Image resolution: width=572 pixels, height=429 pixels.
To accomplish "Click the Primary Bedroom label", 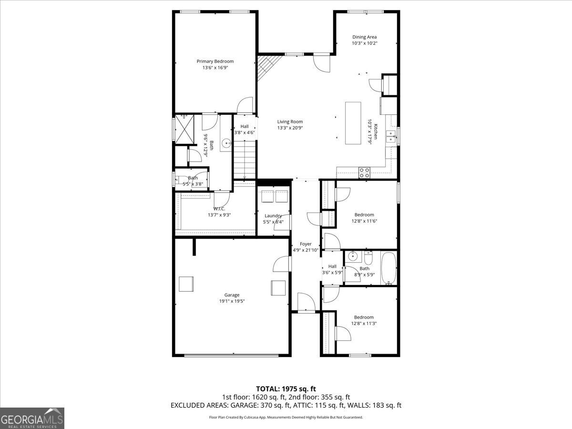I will pos(215,61).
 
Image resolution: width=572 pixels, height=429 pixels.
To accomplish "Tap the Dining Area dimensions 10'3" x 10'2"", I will pos(365,43).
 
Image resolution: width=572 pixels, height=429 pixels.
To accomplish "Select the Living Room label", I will pos(290,122).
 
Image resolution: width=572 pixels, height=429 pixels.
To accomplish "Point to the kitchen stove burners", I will pos(365,172).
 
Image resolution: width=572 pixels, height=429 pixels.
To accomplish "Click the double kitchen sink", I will pos(391,136).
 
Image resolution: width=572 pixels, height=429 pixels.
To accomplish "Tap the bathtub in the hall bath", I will pos(389,268).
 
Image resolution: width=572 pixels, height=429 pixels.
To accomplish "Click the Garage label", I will pos(232,295).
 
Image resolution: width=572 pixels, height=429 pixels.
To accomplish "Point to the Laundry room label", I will pos(273,215).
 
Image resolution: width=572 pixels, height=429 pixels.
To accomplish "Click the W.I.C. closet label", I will pos(219,208).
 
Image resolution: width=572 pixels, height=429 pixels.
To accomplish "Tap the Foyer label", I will pos(306,244).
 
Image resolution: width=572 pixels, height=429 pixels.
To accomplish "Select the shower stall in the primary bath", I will pos(185,129).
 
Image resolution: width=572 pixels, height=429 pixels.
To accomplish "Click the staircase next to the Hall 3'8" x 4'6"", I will pos(245,160).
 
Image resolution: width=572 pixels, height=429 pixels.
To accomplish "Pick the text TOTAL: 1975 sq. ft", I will pos(286,389).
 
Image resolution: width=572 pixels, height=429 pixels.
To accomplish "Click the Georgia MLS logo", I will pos(32,418).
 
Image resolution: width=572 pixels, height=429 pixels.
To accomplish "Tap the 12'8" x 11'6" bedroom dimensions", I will pos(364,221).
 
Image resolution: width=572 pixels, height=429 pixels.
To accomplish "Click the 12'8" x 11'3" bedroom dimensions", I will pos(364,324).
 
